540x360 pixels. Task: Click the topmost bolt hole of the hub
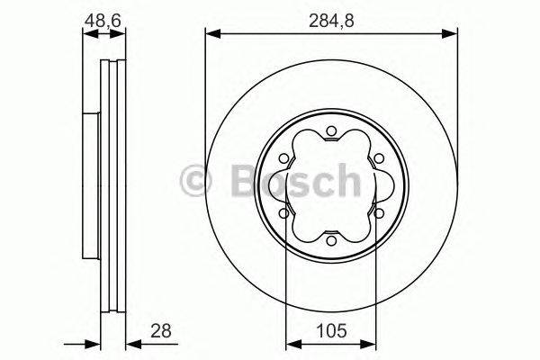point(331,132)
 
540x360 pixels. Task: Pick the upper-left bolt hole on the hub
point(285,158)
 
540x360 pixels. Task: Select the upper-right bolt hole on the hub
point(377,158)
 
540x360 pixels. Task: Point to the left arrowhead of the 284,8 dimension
point(212,34)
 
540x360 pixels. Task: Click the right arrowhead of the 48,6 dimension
point(121,34)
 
